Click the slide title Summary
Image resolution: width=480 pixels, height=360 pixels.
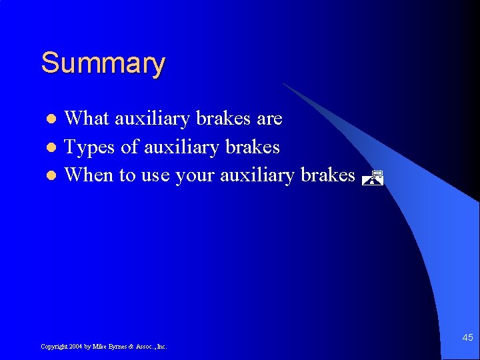click(103, 64)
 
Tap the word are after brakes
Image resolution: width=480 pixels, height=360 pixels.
click(270, 119)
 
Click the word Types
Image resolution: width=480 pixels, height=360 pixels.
click(89, 147)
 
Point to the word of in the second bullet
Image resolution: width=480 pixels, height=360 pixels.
click(129, 147)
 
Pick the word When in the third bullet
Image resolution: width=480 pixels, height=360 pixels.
click(89, 175)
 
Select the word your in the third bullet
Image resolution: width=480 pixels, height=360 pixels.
click(195, 175)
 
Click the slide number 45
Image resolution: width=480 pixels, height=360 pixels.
click(467, 338)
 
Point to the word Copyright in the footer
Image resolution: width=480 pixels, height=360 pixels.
click(53, 347)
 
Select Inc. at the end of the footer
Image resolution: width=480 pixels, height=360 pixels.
click(161, 347)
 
